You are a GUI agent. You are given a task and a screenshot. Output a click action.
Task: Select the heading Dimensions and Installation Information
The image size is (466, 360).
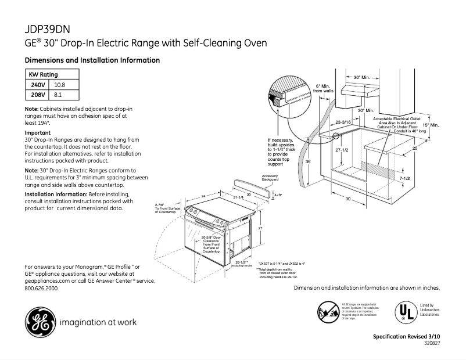coord(92,60)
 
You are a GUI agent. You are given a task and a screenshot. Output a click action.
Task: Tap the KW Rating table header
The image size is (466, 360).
coord(44,75)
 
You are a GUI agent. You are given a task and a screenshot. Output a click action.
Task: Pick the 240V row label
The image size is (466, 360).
coord(38,85)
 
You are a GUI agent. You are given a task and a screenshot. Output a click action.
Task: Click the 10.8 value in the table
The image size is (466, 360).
coord(60,85)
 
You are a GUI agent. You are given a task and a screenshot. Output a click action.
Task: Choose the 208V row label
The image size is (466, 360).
coord(38,95)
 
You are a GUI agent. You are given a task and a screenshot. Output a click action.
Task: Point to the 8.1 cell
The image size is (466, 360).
coord(58,95)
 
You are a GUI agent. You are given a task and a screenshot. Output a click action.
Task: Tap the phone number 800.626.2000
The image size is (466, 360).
coord(42,288)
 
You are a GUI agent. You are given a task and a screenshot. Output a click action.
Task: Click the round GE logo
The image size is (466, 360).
coord(38,323)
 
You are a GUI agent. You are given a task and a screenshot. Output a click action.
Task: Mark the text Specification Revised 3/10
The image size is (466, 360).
coord(406,337)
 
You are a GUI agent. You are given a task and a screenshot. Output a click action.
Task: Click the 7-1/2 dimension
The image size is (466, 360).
coord(406,178)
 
